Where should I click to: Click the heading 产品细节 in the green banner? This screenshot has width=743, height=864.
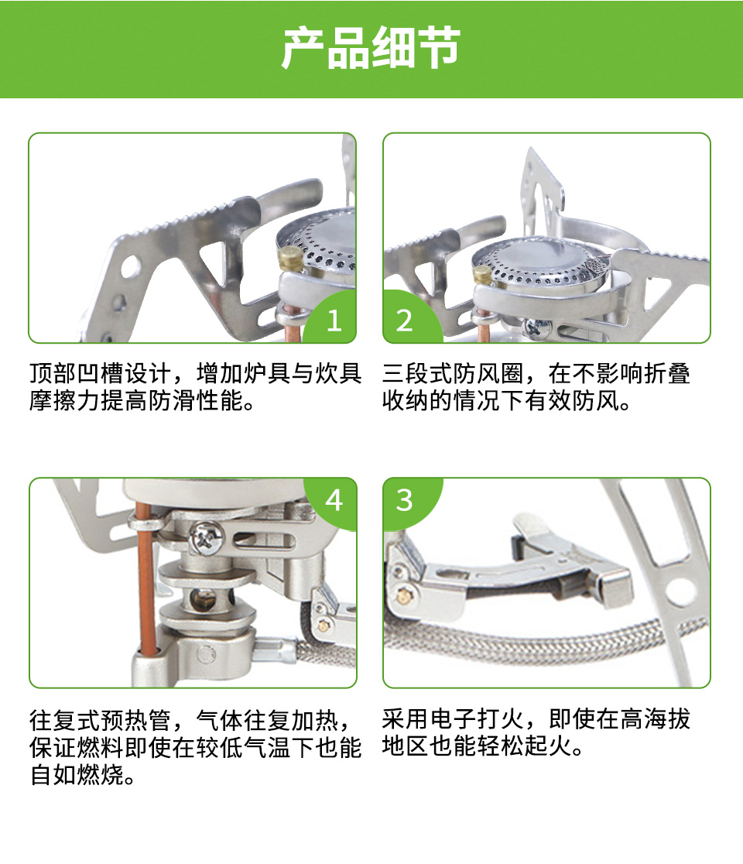click(371, 49)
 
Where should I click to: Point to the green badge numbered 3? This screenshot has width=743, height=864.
click(409, 502)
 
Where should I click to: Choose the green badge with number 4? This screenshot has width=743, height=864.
click(331, 502)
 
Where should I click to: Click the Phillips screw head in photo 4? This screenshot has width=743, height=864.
click(206, 537)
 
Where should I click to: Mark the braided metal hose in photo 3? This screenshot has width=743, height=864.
click(546, 639)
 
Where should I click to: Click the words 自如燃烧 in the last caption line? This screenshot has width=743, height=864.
click(77, 775)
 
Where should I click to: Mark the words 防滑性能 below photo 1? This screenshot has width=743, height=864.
click(195, 400)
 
